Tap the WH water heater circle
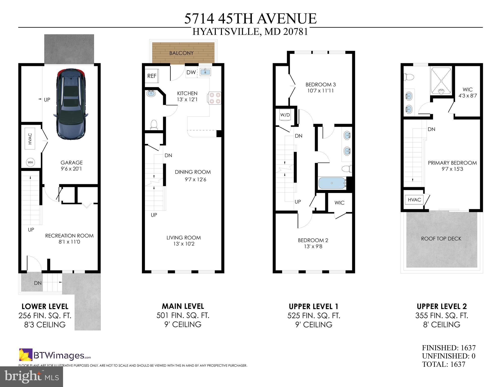tap(30, 162)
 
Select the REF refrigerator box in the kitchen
tap(152, 76)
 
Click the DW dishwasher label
tap(191, 73)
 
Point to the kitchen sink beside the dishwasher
tap(205, 72)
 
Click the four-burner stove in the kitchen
tap(215, 98)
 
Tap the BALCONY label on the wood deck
tap(181, 53)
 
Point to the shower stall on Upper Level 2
tap(441, 81)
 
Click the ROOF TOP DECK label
tap(441, 239)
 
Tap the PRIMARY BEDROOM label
tap(452, 163)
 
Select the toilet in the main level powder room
tap(154, 125)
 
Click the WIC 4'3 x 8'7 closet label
tap(467, 92)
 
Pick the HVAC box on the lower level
tap(30, 139)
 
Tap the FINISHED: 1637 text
tap(449, 348)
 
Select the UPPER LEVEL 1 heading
tap(313, 307)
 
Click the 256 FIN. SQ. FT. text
tap(45, 316)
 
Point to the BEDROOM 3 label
tap(320, 85)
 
